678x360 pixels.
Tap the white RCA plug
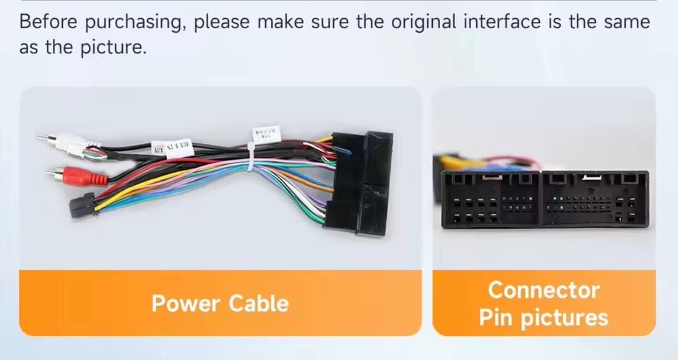click(x=67, y=142)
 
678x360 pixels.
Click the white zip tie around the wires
click(x=250, y=158)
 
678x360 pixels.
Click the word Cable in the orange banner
click(x=259, y=304)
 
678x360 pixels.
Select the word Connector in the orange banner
click(x=544, y=290)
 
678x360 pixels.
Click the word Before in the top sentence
click(x=48, y=22)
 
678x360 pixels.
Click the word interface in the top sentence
click(x=502, y=22)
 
